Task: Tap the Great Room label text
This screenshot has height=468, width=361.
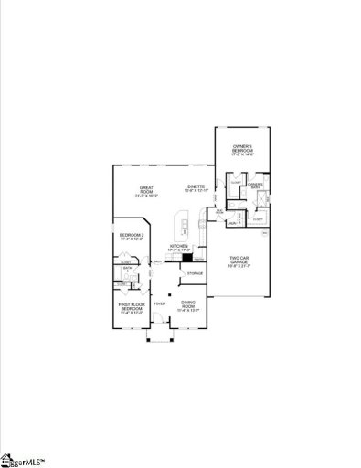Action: pyautogui.click(x=146, y=189)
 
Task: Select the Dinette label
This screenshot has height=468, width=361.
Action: pyautogui.click(x=196, y=186)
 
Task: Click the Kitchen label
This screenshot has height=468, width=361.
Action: pyautogui.click(x=179, y=245)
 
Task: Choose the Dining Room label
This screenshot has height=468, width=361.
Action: pyautogui.click(x=189, y=303)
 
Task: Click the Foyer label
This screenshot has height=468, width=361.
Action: pyautogui.click(x=160, y=301)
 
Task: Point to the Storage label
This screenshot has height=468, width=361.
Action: pyautogui.click(x=196, y=272)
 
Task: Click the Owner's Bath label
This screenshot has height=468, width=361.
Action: pyautogui.click(x=255, y=185)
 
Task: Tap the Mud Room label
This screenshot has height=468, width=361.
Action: pyautogui.click(x=220, y=212)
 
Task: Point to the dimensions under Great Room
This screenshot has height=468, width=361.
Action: pyautogui.click(x=146, y=196)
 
